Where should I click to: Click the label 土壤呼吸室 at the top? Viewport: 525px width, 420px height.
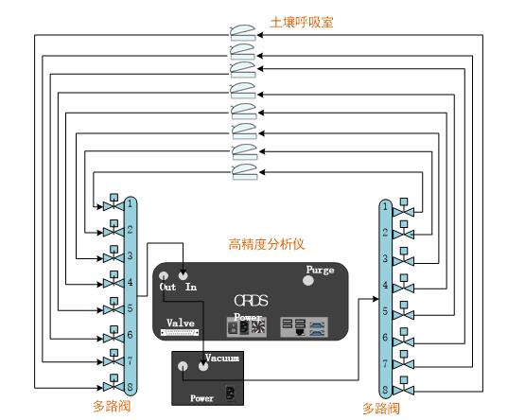click(x=301, y=20)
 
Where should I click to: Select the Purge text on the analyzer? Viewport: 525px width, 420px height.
click(x=320, y=270)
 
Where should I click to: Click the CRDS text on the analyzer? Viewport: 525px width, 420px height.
click(x=252, y=300)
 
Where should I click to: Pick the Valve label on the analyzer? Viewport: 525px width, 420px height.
click(x=180, y=323)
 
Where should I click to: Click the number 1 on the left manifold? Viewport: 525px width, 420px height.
click(x=130, y=203)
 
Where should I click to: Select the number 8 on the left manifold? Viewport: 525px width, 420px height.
click(x=130, y=387)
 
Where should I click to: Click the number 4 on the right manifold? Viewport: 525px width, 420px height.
click(x=385, y=285)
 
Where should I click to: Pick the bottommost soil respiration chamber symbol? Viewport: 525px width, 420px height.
click(x=244, y=171)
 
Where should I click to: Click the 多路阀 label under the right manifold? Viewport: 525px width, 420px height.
click(x=380, y=409)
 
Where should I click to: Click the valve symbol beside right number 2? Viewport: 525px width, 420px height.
click(x=405, y=232)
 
